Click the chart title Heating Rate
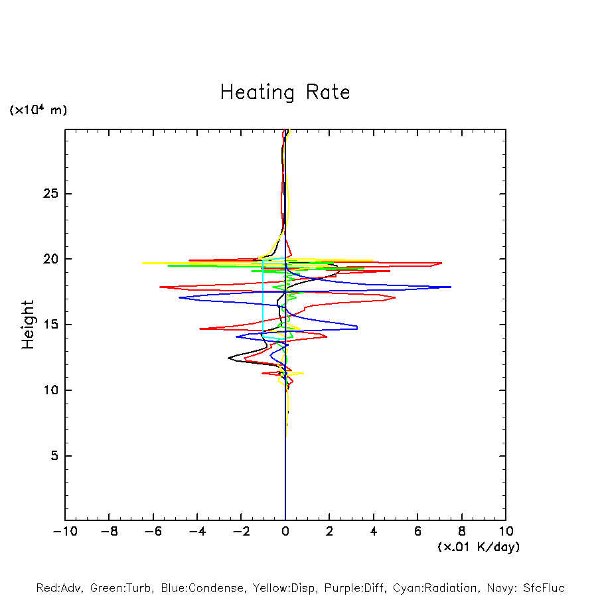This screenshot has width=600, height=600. coord(285,92)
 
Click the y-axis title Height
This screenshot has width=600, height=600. coord(28,325)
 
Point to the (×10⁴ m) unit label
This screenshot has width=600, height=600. coord(38,110)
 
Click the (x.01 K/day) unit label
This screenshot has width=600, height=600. coord(478,547)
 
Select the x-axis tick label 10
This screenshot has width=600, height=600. coord(505,531)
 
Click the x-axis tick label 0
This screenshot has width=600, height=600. coord(285,531)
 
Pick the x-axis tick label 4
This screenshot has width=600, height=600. coord(374,531)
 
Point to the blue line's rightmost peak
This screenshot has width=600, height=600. coord(451,287)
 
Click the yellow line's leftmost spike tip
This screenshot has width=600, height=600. coord(143,263)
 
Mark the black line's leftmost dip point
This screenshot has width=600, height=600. coord(228,358)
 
